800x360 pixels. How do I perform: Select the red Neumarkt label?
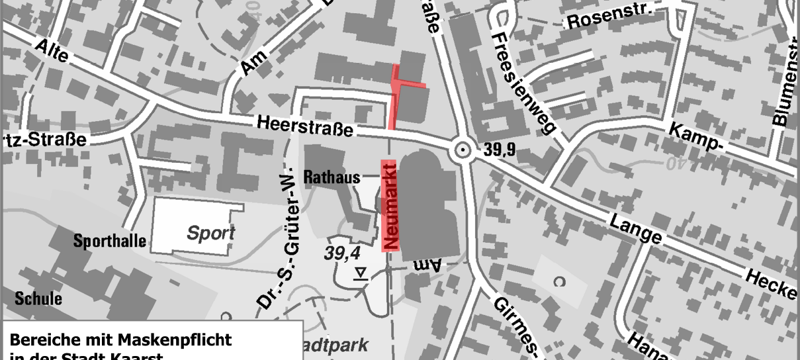(x=390, y=206)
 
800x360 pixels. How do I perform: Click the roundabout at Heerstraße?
(x=461, y=152)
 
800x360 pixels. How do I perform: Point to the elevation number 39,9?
(x=499, y=152)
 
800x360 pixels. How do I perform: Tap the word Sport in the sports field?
(x=210, y=233)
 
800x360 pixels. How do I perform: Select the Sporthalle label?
(x=109, y=241)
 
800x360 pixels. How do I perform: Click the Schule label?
(x=40, y=298)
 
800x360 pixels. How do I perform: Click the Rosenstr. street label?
(x=609, y=18)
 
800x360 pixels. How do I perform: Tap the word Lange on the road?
(x=636, y=228)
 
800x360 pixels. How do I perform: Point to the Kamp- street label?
(x=694, y=140)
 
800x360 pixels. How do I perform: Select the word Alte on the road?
(x=53, y=52)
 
